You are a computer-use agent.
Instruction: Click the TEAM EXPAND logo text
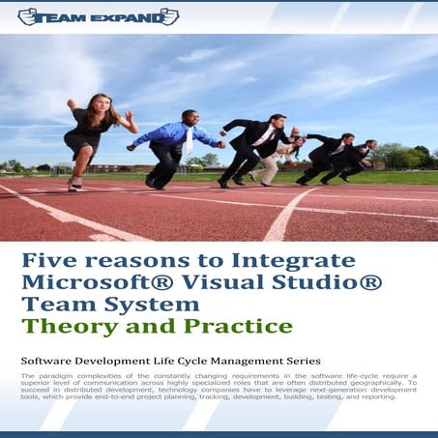pos(98,16)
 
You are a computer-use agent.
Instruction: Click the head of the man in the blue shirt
pos(189,117)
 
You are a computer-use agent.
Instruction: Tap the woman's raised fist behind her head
pos(70,102)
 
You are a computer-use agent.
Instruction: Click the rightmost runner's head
pos(371,145)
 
